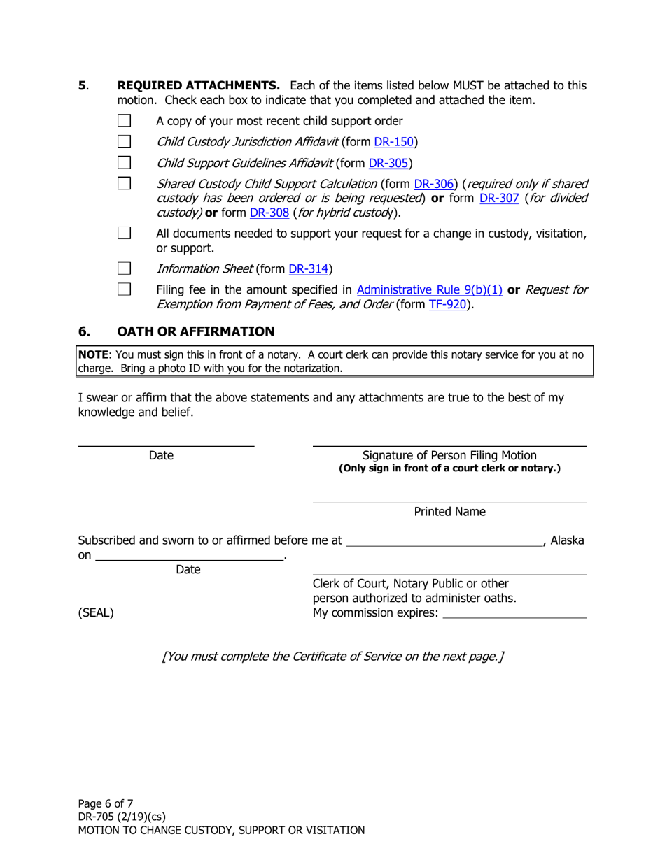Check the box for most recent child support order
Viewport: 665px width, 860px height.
pos(124,120)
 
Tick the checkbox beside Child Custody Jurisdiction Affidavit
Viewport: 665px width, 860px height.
pos(124,141)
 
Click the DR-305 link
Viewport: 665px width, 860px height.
pos(388,164)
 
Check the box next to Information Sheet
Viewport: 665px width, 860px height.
pos(124,268)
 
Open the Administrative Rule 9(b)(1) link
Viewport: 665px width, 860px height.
pos(430,289)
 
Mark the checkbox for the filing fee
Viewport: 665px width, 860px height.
pos(124,289)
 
